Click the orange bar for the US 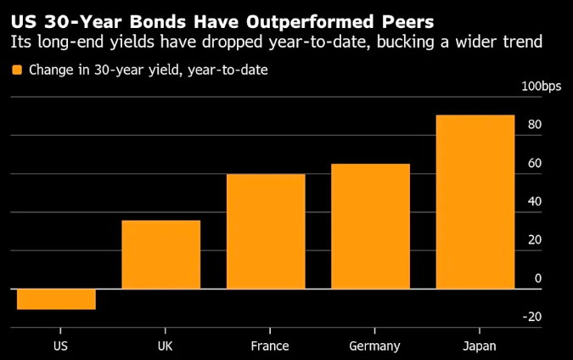click(x=56, y=299)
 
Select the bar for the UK click(x=161, y=255)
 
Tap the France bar click(x=266, y=231)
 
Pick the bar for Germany click(x=370, y=226)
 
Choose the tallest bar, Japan click(x=475, y=201)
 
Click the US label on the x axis click(x=59, y=346)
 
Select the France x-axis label click(x=270, y=346)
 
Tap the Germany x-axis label click(x=374, y=346)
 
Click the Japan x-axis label click(x=479, y=346)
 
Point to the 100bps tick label click(x=542, y=86)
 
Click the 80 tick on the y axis click(x=534, y=125)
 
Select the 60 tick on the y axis click(x=534, y=163)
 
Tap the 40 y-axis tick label click(x=534, y=201)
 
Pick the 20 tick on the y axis click(x=534, y=240)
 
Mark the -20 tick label click(x=532, y=317)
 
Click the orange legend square click(x=17, y=70)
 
